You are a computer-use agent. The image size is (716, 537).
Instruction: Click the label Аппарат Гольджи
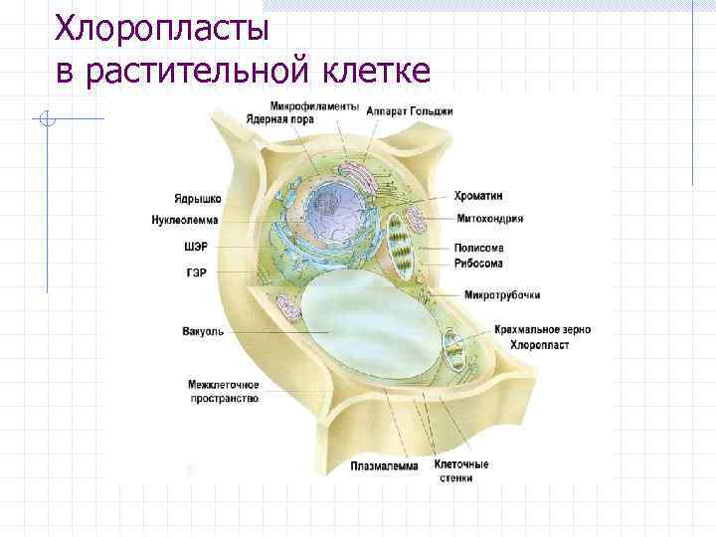click(409, 111)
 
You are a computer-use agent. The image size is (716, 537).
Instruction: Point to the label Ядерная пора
click(280, 119)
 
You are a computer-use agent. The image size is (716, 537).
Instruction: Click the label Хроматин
click(478, 196)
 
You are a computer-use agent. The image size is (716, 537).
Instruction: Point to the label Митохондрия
click(489, 219)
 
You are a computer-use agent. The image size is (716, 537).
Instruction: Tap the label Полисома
click(478, 248)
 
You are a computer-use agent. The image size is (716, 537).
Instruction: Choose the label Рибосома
click(478, 264)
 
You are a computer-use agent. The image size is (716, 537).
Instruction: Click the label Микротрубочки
click(502, 295)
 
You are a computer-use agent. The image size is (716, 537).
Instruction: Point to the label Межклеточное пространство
click(224, 391)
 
